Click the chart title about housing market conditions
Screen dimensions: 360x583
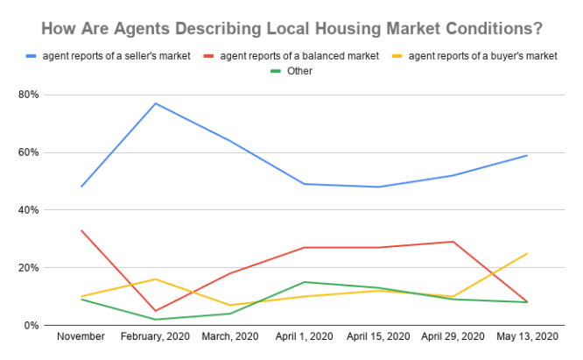pos(291,28)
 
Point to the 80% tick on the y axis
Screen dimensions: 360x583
pos(32,95)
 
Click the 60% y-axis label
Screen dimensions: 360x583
pos(32,152)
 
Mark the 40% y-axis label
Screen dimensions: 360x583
pos(32,210)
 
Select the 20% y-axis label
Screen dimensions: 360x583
pos(32,268)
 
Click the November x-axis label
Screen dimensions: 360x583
pos(81,336)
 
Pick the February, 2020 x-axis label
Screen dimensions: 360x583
pos(156,336)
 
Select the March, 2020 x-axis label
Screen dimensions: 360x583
pos(230,336)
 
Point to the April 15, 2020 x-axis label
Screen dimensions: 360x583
pos(378,336)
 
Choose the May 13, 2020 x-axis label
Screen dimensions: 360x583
pos(527,336)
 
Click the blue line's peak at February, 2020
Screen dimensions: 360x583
pos(156,103)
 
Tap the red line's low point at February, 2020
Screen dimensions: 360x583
pos(156,311)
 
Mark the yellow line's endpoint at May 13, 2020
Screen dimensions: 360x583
pos(527,253)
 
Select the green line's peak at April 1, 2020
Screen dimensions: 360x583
pos(305,282)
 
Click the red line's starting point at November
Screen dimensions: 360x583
pos(81,230)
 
